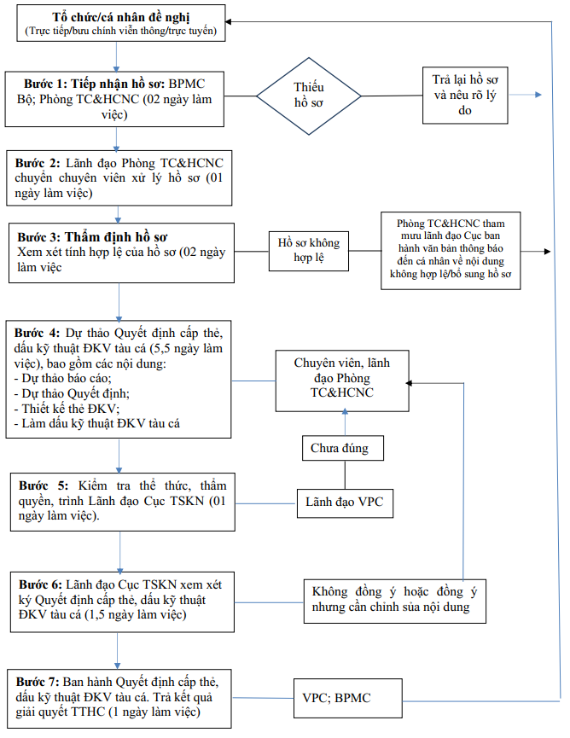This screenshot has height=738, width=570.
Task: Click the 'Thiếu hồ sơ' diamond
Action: coord(309,96)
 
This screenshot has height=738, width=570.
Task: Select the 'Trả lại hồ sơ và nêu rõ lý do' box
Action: coord(465,95)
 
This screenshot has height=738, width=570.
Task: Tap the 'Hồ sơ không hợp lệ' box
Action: coord(309,251)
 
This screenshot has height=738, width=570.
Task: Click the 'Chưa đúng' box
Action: coord(343,448)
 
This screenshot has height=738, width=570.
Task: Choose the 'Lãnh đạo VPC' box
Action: coord(345,503)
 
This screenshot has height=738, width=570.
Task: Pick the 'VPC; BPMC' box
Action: coord(348,698)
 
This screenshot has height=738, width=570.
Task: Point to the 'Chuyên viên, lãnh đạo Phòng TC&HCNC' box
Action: coord(342,381)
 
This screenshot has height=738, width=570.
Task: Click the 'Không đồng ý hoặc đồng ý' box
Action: coord(395,601)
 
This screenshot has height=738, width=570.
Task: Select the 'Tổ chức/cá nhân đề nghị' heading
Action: coord(121,17)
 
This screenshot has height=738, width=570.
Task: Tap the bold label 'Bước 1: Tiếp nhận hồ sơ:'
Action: coord(94,84)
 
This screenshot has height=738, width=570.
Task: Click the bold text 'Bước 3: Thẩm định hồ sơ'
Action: coord(92,236)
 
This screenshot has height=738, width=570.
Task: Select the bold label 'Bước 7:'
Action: coord(38,682)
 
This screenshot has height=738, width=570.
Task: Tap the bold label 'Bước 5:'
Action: coord(44,485)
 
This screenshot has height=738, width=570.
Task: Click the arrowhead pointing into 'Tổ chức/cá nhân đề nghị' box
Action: coord(229,21)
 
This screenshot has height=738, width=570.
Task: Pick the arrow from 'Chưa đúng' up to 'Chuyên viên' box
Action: coord(345,422)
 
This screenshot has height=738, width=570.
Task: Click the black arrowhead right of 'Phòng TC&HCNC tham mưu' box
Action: coord(548,252)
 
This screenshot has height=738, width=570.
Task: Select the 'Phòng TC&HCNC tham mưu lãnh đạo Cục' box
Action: coord(451,250)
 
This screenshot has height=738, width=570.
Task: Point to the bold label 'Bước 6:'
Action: coord(40,584)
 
